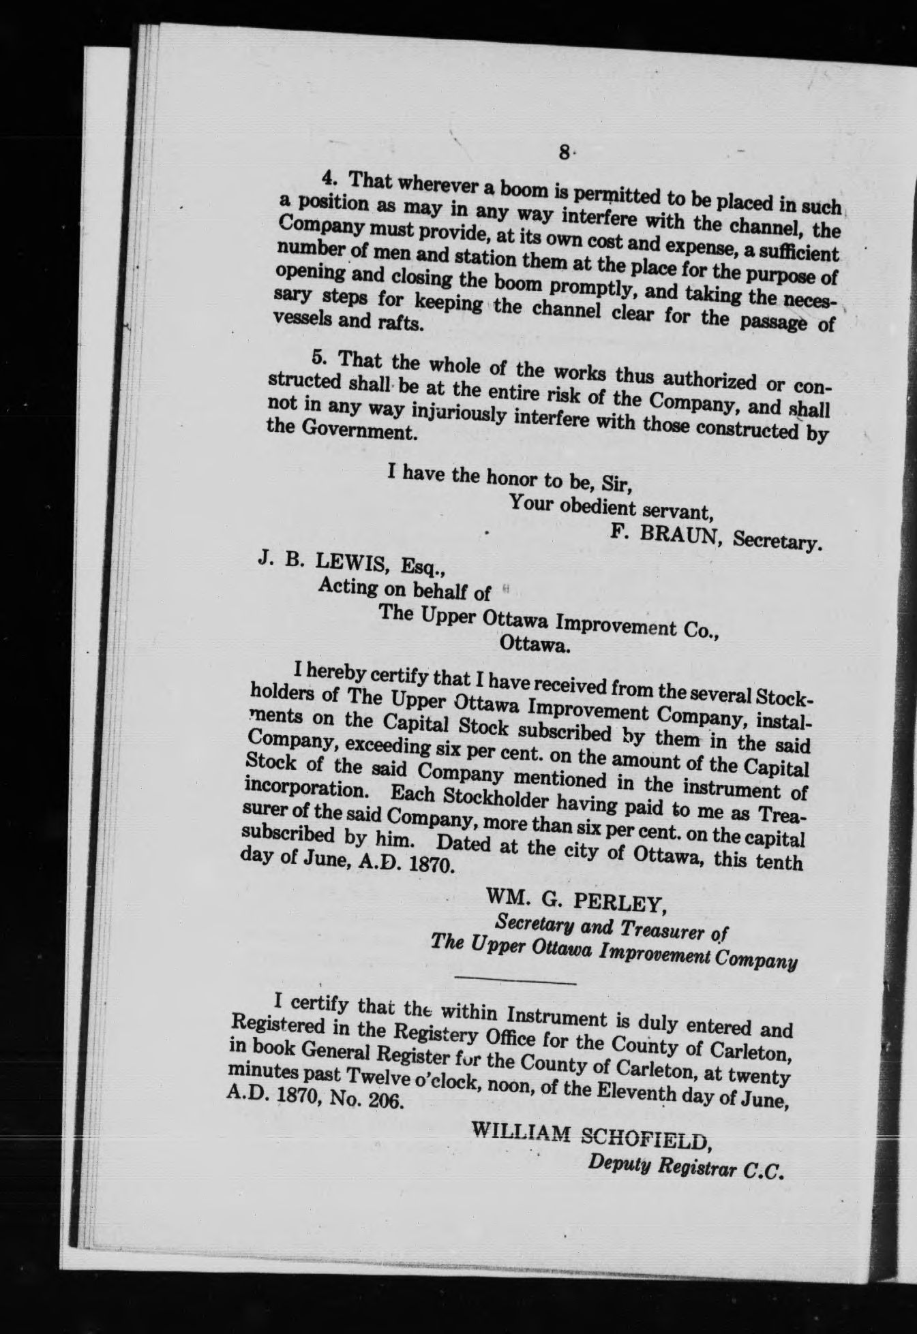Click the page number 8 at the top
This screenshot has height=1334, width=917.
(564, 152)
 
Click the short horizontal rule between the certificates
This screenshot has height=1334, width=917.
(515, 982)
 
